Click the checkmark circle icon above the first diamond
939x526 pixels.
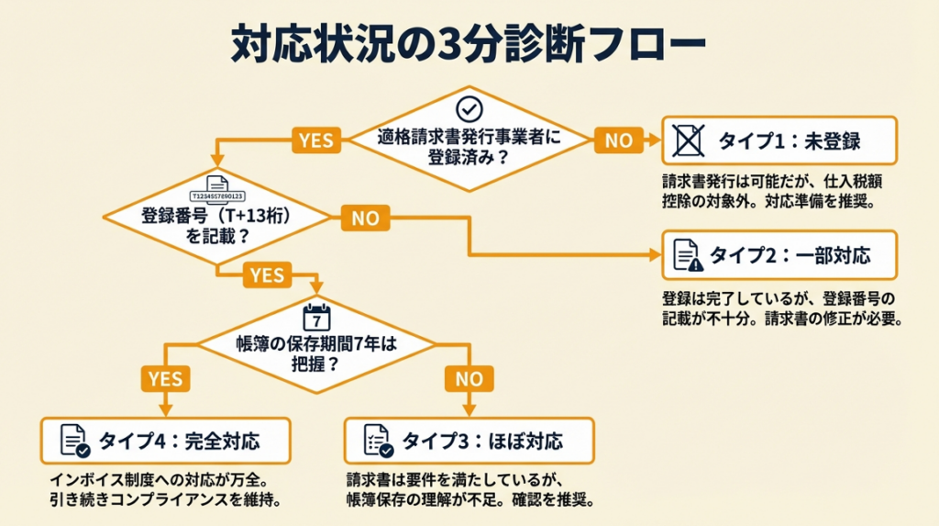469,108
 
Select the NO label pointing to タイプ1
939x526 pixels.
619,140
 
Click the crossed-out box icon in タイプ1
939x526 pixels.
688,140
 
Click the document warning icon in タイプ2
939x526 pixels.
688,255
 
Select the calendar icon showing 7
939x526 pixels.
316,318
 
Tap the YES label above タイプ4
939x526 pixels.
165,378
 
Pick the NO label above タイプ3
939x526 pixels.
469,378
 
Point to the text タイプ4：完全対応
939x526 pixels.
179,442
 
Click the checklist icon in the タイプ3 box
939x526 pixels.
378,441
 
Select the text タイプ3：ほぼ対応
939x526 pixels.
482,442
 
